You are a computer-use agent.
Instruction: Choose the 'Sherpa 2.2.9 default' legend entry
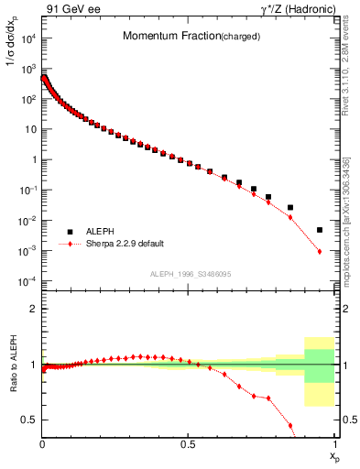coord(116,245)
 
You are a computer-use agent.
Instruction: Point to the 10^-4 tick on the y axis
coord(28,280)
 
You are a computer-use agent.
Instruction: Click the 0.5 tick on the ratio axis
coord(30,420)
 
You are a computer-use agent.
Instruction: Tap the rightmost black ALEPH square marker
coord(320,230)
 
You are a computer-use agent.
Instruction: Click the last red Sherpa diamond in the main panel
coord(320,251)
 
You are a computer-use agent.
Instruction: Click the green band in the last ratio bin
coord(319,365)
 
